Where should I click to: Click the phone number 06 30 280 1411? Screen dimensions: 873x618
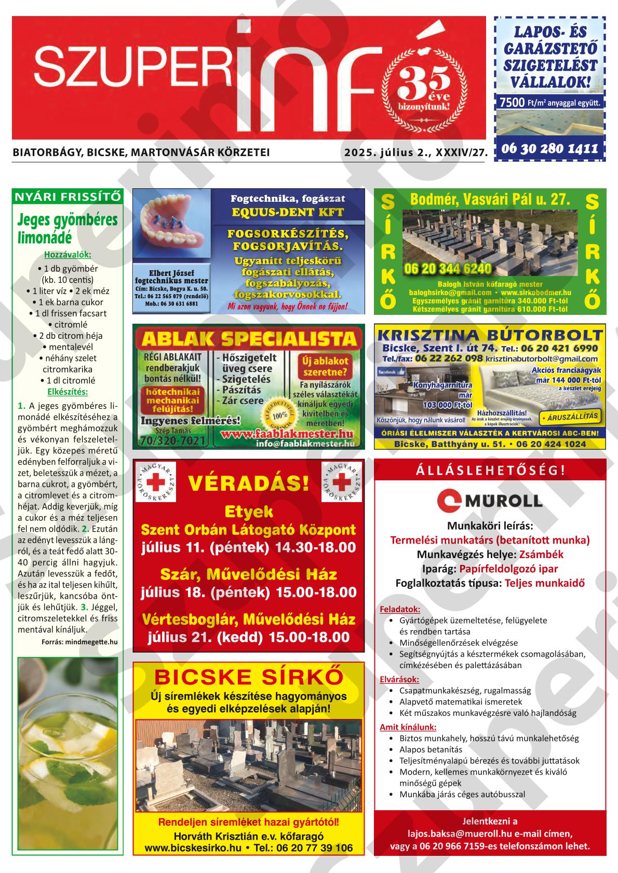pyautogui.click(x=550, y=149)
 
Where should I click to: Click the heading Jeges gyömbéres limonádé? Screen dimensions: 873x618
pyautogui.click(x=68, y=228)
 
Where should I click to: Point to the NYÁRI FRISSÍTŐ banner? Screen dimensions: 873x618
pyautogui.click(x=68, y=196)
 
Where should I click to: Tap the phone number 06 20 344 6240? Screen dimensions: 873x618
pyautogui.click(x=448, y=269)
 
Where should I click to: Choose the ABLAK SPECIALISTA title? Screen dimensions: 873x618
pyautogui.click(x=248, y=339)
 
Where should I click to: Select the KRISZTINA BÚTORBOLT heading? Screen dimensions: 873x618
pyautogui.click(x=490, y=334)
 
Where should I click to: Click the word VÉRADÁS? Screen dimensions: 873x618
pyautogui.click(x=249, y=483)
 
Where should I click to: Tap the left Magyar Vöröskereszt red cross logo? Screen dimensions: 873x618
pyautogui.click(x=155, y=482)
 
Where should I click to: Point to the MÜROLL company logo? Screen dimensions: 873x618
pyautogui.click(x=490, y=500)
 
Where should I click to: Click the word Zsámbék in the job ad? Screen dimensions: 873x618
pyautogui.click(x=541, y=554)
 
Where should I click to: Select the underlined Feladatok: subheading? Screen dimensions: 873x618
pyautogui.click(x=400, y=609)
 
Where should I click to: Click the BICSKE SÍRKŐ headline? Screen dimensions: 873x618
pyautogui.click(x=249, y=676)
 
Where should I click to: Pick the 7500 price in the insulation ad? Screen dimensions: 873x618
pyautogui.click(x=512, y=102)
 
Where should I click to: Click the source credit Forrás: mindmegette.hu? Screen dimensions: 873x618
pyautogui.click(x=79, y=642)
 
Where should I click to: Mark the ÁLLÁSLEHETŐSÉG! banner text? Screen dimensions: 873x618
pyautogui.click(x=490, y=470)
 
